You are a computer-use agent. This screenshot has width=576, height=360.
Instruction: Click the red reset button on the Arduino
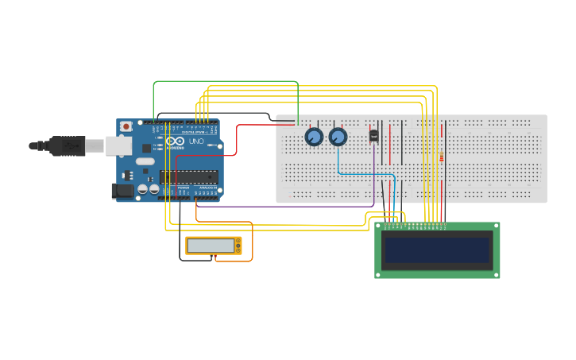point(126,126)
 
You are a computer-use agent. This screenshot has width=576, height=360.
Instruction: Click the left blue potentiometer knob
point(314,137)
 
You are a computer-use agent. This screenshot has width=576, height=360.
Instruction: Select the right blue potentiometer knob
point(338,137)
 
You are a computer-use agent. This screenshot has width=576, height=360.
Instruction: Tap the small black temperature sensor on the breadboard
point(373,136)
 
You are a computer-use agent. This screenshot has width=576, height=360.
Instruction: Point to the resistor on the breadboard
point(441,157)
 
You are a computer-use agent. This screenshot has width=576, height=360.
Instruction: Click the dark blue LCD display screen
point(437,250)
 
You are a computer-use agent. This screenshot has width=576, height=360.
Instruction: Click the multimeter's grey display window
point(211,246)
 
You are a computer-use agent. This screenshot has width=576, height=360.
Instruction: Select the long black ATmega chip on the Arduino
point(188,176)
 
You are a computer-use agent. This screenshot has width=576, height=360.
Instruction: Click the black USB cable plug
point(67,145)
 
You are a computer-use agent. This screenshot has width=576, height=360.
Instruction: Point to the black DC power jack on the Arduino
point(122,190)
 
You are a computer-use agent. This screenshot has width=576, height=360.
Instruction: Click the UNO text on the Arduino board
point(195,141)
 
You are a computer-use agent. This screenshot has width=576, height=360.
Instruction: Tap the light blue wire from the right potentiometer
point(365,173)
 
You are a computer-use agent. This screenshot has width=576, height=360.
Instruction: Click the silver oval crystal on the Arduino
point(145,161)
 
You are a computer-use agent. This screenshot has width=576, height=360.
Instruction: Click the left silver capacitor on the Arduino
point(142,189)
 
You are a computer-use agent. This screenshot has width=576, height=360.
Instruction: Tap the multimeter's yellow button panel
point(238,246)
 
